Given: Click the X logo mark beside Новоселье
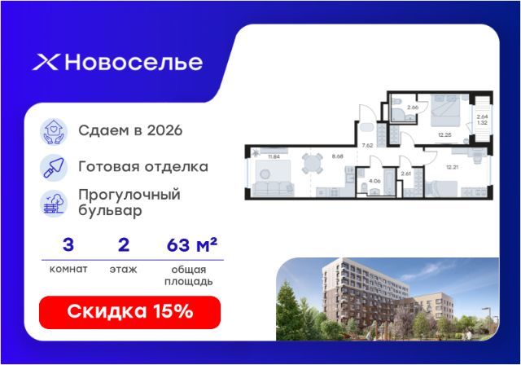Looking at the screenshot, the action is (46, 63).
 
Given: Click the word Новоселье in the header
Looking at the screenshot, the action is (134, 62).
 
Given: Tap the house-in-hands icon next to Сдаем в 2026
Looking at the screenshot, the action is (54, 132).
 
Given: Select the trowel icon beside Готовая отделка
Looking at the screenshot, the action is (54, 168).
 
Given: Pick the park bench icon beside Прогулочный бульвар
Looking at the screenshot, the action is (54, 204).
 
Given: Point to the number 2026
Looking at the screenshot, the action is (164, 130).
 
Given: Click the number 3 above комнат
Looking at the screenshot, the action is (68, 245).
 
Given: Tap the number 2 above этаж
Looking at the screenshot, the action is (124, 245).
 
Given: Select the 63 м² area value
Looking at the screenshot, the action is (192, 244).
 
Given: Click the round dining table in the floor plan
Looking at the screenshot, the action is (313, 163).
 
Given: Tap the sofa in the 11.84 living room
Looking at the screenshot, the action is (273, 189).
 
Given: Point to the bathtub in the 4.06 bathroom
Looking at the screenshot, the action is (389, 182).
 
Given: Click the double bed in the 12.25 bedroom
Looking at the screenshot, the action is (445, 110).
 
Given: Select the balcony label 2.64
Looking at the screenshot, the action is (482, 117).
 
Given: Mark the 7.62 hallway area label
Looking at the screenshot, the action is (367, 145).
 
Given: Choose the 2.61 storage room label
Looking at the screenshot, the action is (406, 174).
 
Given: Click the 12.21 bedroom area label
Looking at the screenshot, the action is (453, 167).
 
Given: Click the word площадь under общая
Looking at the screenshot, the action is (188, 282).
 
